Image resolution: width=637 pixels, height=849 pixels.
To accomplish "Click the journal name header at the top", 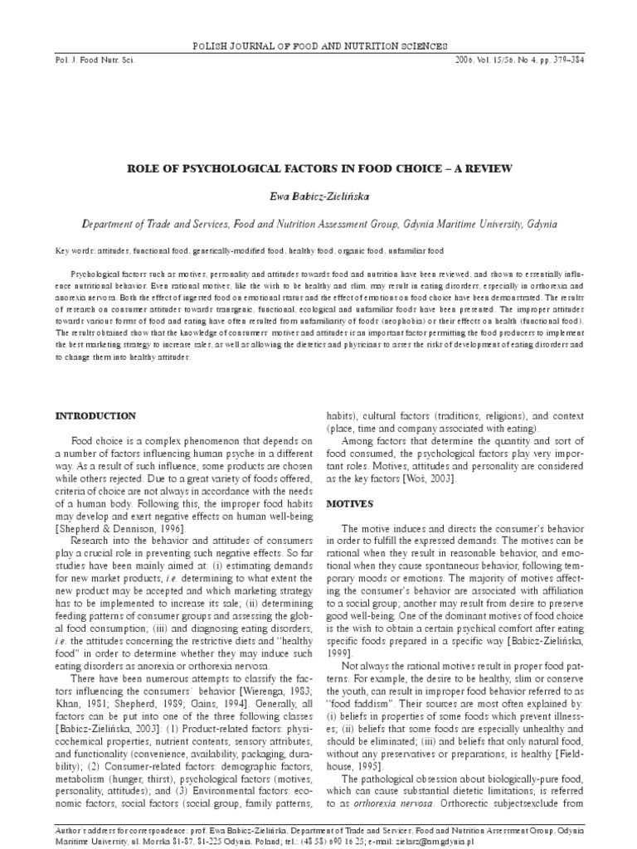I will (x=318, y=46).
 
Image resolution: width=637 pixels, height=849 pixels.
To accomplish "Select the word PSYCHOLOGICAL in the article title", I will (x=216, y=168).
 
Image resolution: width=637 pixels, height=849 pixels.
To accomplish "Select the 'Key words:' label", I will (x=74, y=250).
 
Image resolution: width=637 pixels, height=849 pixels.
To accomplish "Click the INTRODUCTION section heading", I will (x=95, y=415).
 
